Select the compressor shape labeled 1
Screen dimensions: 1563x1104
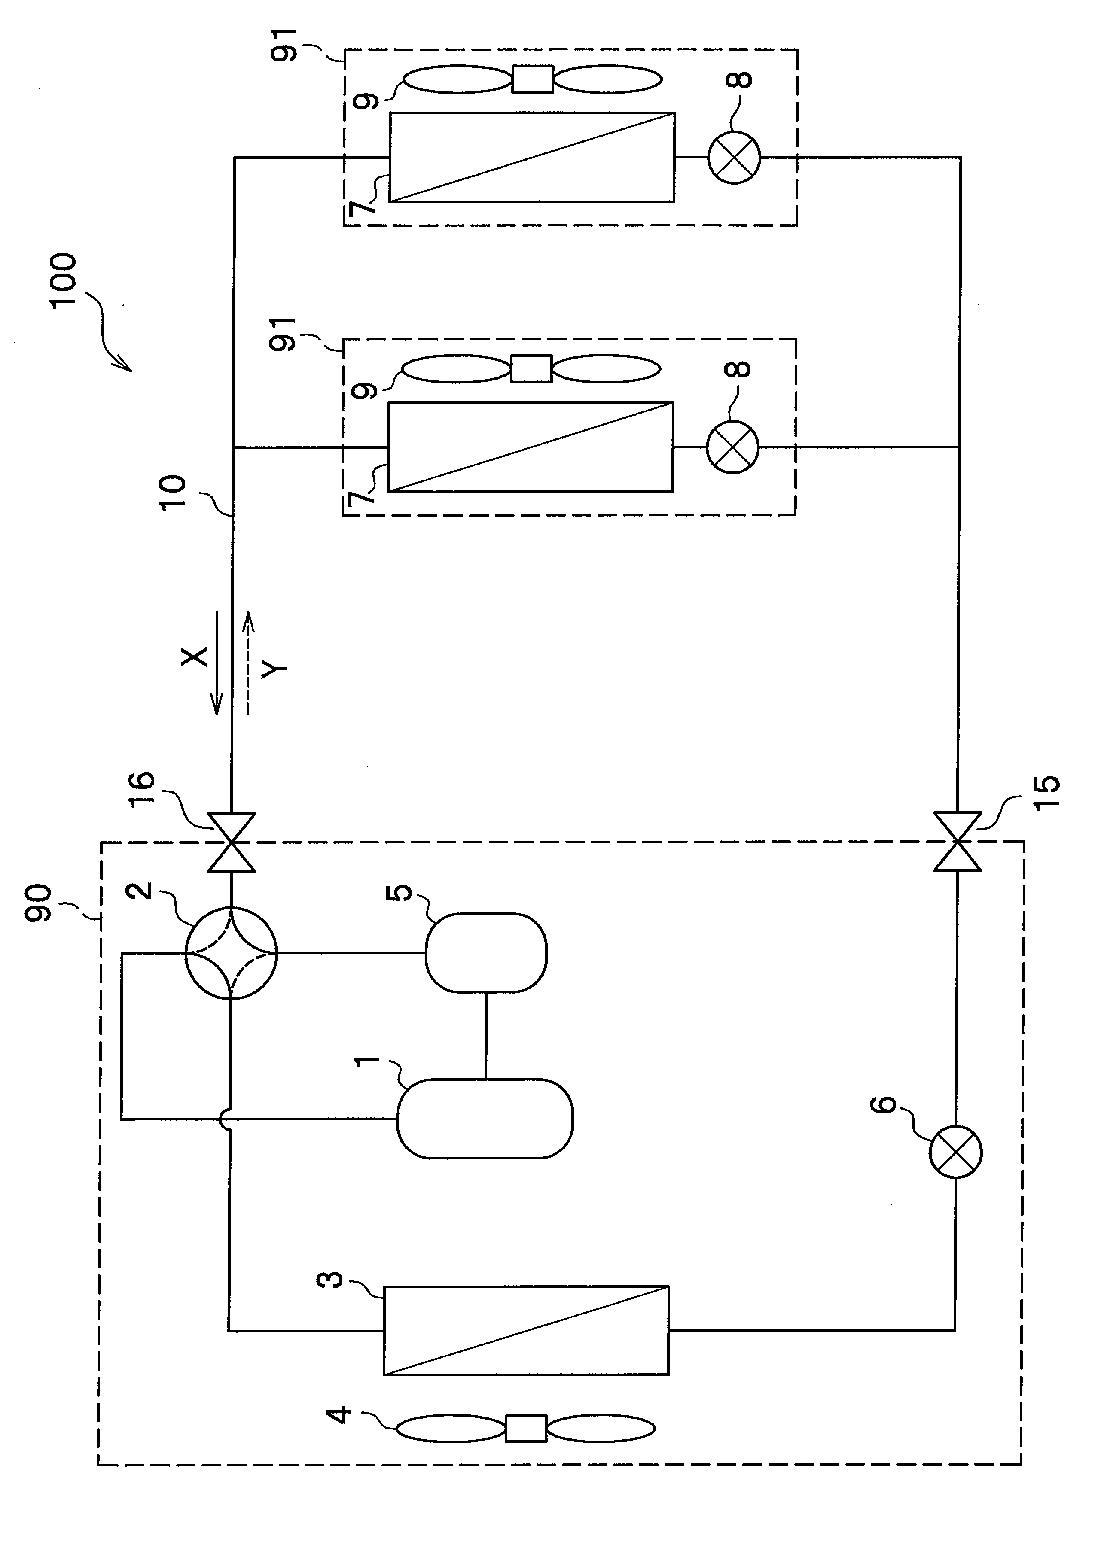coord(485,1118)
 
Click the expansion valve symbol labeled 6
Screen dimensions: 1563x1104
coord(955,1152)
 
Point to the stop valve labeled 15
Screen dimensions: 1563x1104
coord(957,842)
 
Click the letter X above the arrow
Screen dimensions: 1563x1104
coord(195,656)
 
